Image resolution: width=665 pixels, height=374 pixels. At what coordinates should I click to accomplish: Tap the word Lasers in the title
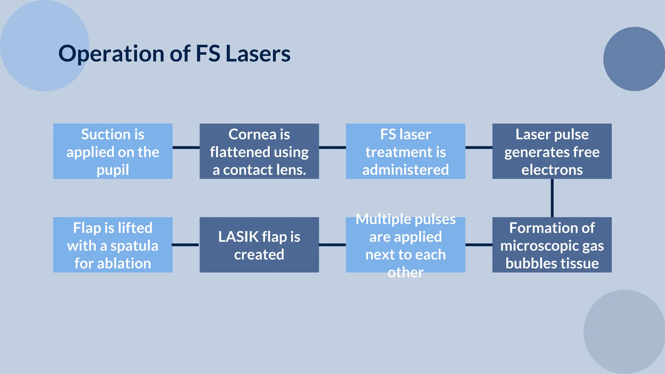pos(258,54)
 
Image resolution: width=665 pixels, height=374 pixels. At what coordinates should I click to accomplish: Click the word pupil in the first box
pos(113,170)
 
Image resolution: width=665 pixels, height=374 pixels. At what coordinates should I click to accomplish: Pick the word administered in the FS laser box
pos(406,170)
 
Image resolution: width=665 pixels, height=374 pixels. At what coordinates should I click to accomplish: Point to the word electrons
pos(552,170)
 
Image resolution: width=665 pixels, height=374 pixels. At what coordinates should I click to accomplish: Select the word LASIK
pos(238,237)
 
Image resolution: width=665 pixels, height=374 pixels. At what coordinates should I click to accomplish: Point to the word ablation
pos(124,263)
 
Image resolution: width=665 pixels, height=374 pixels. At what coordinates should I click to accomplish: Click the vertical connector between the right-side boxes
pos(552,198)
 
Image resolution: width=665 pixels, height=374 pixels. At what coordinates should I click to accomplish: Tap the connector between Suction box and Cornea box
pos(186,147)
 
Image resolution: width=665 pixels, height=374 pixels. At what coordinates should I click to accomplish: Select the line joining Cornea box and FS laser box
pos(332,147)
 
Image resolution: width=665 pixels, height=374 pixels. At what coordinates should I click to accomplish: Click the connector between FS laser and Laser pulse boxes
pos(479,147)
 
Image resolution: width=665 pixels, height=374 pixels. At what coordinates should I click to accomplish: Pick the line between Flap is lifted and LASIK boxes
pos(186,245)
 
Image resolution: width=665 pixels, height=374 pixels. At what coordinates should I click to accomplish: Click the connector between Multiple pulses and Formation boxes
pos(479,245)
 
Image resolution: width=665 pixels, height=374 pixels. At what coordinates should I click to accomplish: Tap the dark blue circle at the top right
pos(634,59)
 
